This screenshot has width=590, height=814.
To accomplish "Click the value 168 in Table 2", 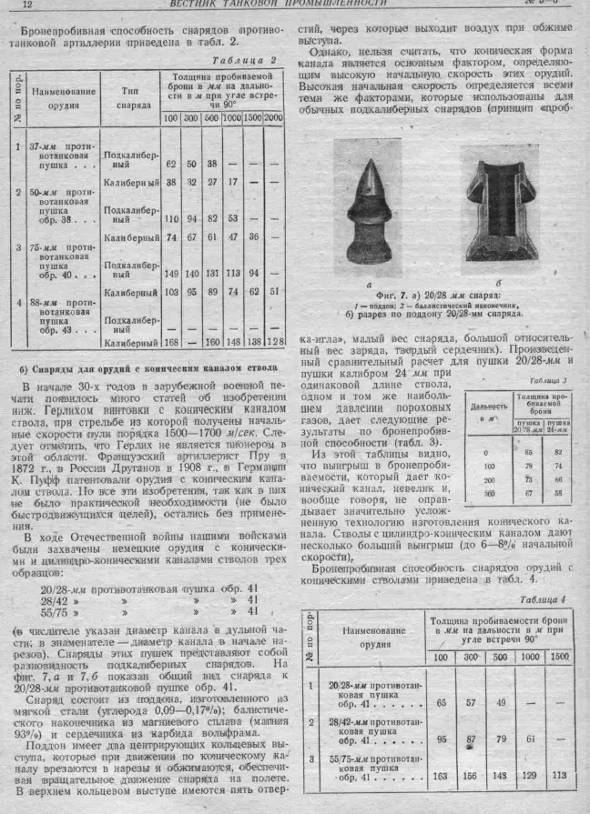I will (x=169, y=343).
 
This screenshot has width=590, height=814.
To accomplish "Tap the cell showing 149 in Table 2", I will (x=170, y=272).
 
